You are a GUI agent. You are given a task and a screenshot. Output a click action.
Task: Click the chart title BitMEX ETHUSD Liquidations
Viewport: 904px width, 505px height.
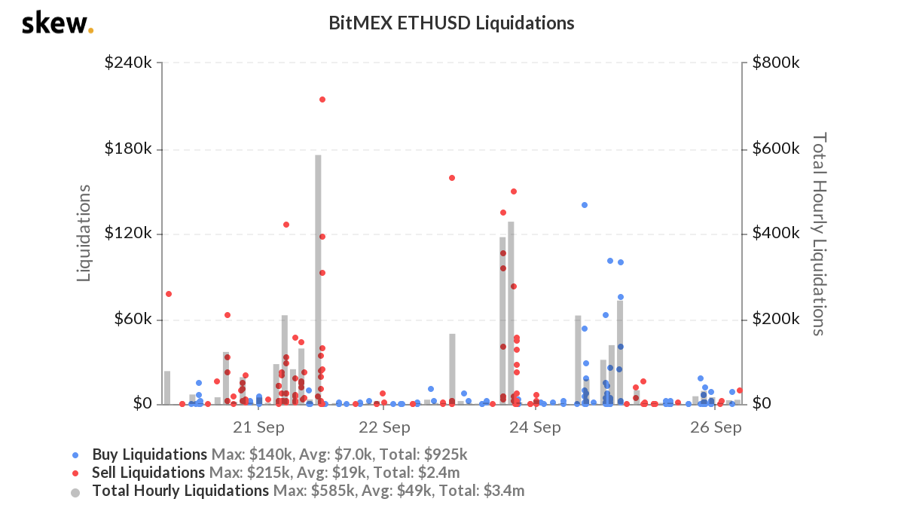451,23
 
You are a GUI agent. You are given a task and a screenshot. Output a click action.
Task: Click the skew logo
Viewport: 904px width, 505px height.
57,24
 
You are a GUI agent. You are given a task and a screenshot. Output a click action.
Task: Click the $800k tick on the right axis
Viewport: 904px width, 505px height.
775,63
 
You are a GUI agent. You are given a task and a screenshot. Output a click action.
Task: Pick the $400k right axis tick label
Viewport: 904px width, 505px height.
775,234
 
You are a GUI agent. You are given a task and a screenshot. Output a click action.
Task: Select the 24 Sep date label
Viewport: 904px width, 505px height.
536,427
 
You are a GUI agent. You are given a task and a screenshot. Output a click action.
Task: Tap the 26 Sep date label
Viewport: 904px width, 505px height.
716,427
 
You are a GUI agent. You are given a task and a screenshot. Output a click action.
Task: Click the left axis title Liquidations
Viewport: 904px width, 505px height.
84,233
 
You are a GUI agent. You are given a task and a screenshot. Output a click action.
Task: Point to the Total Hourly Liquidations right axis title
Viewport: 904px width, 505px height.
818,234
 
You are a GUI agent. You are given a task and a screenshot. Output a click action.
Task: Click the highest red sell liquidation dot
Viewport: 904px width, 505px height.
322,99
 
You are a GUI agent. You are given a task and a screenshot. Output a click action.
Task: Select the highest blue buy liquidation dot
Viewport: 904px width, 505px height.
584,205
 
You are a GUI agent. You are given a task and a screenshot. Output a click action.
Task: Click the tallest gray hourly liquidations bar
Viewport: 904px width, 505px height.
319,279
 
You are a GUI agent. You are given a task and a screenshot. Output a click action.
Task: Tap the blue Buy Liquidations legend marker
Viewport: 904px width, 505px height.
75,455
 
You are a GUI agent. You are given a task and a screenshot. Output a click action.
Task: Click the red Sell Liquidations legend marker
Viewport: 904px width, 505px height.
75,473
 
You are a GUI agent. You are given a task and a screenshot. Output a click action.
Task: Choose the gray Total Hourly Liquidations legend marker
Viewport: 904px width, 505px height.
75,491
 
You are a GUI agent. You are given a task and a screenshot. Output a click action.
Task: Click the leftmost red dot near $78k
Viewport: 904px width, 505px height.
169,294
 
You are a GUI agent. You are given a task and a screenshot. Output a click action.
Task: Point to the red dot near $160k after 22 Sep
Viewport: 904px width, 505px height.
452,178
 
